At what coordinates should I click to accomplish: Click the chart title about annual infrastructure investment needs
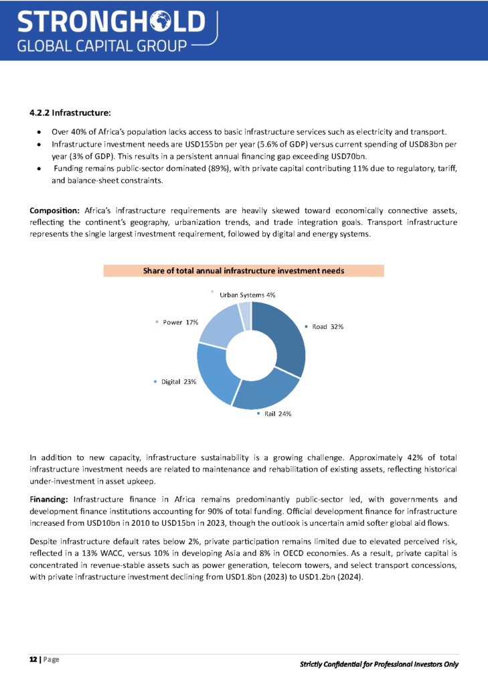244,271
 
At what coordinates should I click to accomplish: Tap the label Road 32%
327,327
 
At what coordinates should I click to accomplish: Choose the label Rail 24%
276,414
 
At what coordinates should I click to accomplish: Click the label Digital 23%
178,382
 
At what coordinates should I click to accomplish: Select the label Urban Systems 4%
248,294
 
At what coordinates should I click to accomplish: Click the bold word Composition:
55,212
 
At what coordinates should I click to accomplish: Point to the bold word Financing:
50,499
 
